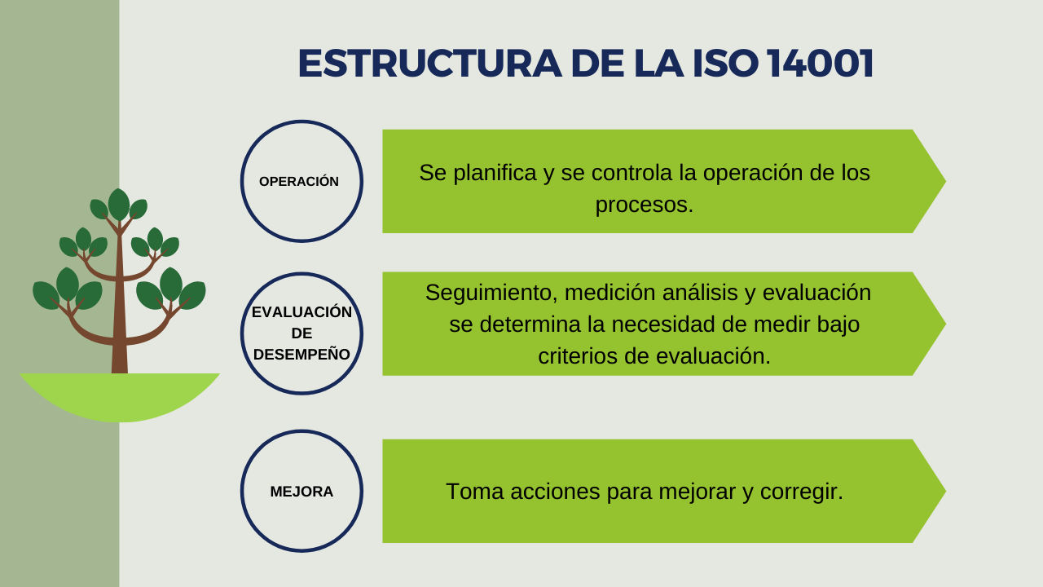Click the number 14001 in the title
pos(820,64)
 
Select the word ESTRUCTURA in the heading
pos(429,64)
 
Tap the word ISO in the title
pos(726,64)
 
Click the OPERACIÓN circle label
pos(299,181)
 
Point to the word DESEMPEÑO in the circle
pos(301,355)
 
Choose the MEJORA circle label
pos(301,492)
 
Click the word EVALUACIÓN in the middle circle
pos(301,311)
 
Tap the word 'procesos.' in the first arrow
pos(645,205)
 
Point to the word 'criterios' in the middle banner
pos(578,356)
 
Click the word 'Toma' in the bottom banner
pos(475,492)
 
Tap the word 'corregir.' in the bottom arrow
pos(801,492)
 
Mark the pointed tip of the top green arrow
pos(945,181)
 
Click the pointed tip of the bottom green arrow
pos(945,491)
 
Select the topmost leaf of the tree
pos(119,204)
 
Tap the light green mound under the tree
pos(120,396)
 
